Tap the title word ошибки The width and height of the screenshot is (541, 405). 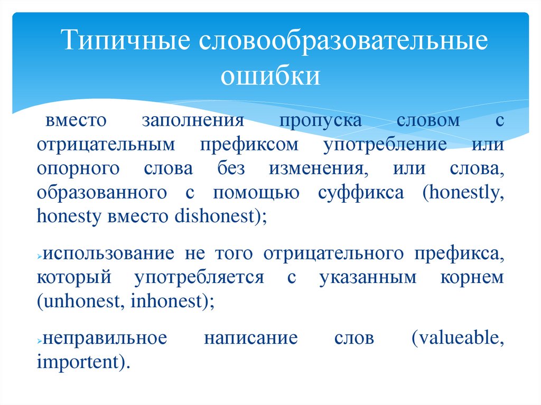tap(270, 75)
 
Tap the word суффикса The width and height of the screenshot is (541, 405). tap(361, 193)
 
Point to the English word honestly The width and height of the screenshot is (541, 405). tap(460, 193)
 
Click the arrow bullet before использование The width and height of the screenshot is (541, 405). tap(40, 255)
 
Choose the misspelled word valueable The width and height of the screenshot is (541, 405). tap(457, 338)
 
